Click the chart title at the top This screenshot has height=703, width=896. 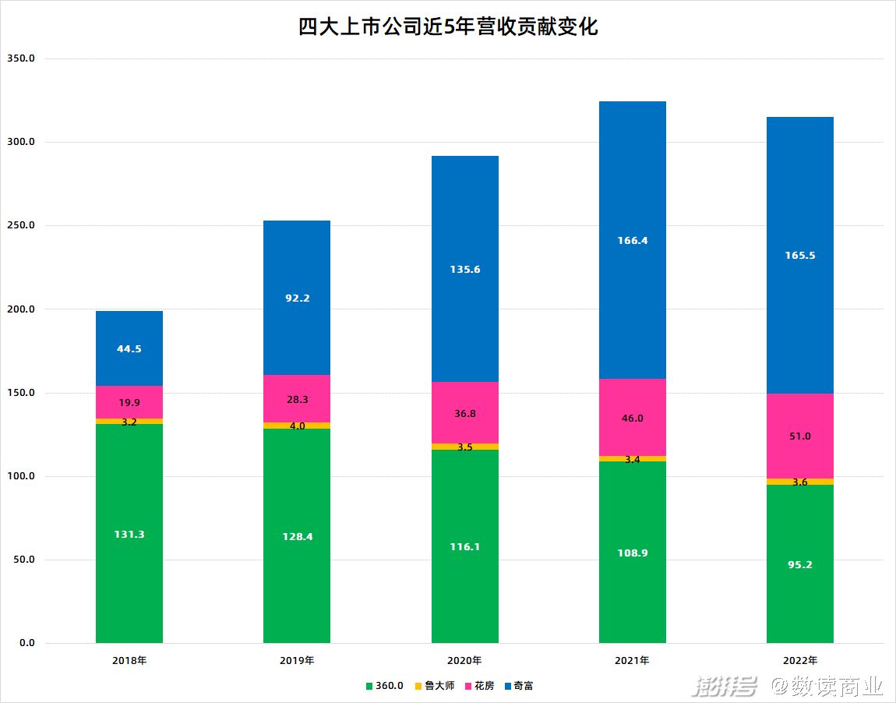(x=448, y=27)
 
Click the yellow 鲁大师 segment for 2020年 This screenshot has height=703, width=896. (x=465, y=447)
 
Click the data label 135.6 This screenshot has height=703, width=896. (x=465, y=270)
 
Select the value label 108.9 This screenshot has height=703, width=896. (x=633, y=553)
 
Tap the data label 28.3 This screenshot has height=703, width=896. (x=297, y=399)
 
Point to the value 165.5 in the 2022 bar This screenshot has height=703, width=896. (x=800, y=256)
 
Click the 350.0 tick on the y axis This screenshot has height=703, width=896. (x=21, y=58)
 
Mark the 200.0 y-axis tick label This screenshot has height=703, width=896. (x=21, y=309)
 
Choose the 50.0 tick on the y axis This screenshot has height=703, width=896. (x=23, y=560)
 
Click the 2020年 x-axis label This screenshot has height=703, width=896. (x=465, y=660)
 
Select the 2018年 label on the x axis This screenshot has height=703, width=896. (x=129, y=660)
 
